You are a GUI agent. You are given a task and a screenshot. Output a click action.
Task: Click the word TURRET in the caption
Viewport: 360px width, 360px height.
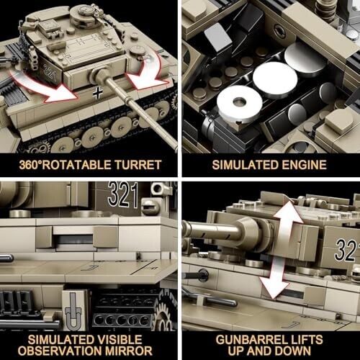[x=138, y=165]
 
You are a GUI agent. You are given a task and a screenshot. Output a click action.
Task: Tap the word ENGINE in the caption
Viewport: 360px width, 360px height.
[x=304, y=165]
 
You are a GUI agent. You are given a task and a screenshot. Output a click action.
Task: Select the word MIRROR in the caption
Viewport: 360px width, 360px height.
[x=129, y=351]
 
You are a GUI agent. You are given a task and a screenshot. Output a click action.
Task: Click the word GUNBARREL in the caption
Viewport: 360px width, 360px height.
[x=250, y=340]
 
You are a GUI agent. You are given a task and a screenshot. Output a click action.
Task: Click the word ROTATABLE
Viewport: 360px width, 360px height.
[x=77, y=165]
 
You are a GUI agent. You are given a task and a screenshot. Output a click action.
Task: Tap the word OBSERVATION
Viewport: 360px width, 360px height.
[x=60, y=351]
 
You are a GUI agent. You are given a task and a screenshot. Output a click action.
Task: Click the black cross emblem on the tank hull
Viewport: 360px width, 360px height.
[x=98, y=93]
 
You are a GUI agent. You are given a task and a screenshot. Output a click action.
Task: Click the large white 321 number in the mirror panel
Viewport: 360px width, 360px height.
[x=123, y=194]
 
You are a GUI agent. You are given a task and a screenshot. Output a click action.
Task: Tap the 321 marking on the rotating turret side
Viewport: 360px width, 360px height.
[x=50, y=72]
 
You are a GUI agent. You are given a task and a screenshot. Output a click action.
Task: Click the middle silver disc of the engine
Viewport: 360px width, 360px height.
[x=275, y=79]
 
